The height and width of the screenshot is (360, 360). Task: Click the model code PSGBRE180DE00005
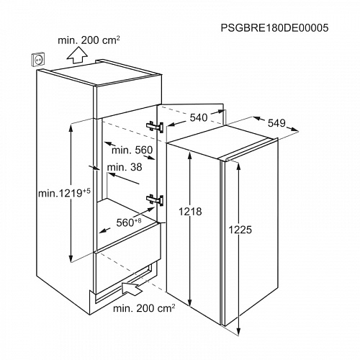tap(274, 28)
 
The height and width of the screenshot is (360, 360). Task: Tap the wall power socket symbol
tap(37, 59)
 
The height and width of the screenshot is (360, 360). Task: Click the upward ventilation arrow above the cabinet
tap(77, 55)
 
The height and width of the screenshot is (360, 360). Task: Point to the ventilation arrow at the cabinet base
tap(132, 287)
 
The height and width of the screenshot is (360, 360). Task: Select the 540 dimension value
tap(199, 117)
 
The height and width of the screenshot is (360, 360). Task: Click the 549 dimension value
tap(276, 123)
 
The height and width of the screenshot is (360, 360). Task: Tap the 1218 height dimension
tap(190, 212)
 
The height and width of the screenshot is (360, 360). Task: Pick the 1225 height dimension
tap(240, 230)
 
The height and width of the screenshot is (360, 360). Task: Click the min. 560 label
tap(132, 150)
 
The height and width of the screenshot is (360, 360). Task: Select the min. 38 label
tap(125, 167)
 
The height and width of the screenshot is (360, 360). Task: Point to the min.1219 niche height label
tap(64, 192)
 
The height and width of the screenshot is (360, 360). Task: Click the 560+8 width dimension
tap(129, 222)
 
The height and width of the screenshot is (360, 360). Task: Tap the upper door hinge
tap(155, 126)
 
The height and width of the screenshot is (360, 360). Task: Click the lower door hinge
tap(155, 199)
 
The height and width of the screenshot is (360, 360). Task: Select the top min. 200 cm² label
tap(89, 40)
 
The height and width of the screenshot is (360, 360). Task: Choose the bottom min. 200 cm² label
tap(144, 308)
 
